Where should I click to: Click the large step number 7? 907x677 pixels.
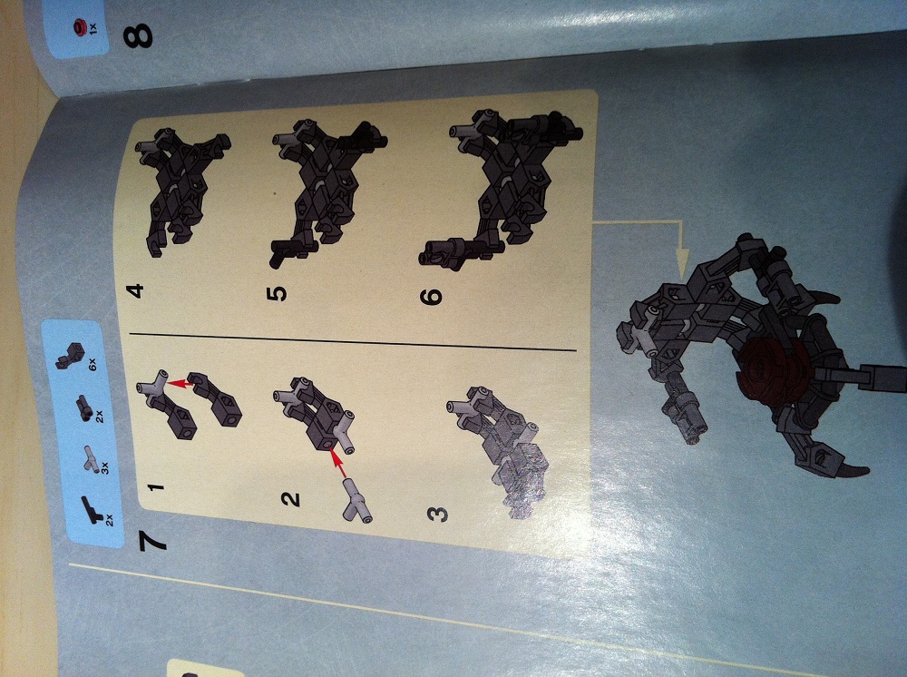[152, 542]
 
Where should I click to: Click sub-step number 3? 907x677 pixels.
[438, 514]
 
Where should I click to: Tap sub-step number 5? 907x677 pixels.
[277, 293]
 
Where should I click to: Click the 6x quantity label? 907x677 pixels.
[93, 365]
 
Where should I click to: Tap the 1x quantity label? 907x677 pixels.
[93, 26]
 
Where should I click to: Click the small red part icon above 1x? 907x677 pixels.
[79, 26]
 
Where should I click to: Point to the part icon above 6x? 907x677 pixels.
[70, 356]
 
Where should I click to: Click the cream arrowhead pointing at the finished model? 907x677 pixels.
[683, 258]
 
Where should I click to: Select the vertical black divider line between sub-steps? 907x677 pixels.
[353, 341]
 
